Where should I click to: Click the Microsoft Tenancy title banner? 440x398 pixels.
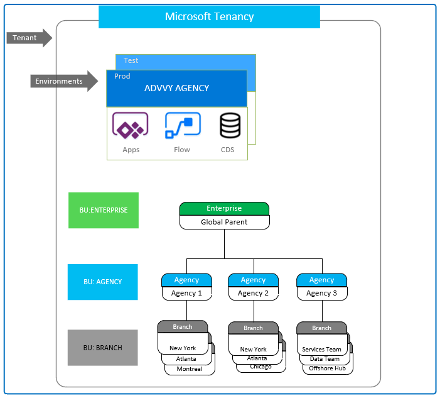coord(209,17)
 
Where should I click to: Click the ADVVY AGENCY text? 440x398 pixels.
coord(176,88)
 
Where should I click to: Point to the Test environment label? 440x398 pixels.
coord(131,60)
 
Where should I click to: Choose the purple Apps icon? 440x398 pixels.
coord(130,125)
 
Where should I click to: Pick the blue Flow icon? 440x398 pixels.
coord(183,125)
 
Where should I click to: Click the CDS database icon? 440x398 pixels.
coord(229,125)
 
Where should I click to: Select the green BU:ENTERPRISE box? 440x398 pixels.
coord(104,210)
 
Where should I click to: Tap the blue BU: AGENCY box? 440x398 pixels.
coord(103,282)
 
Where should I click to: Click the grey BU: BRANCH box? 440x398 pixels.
coord(103,348)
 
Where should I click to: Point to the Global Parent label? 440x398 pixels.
coord(224,222)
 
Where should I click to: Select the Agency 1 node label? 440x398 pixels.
coord(187,293)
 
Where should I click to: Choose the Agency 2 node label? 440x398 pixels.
coord(253,293)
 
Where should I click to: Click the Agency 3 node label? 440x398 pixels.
coord(321,293)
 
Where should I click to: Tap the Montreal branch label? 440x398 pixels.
coord(189,369)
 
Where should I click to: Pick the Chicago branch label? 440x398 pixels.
coord(260,367)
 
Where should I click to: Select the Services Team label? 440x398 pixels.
coord(321,350)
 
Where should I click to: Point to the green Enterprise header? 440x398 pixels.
coord(224,208)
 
